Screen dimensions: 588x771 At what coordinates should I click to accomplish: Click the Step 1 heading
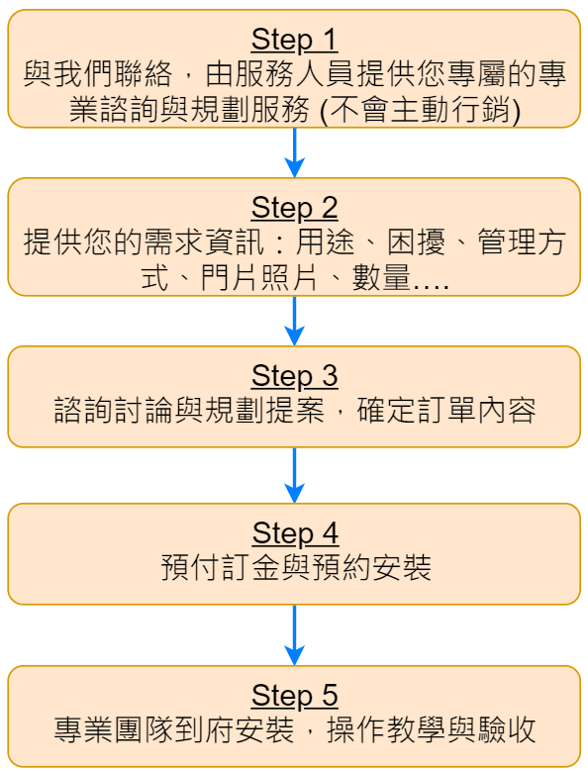click(294, 40)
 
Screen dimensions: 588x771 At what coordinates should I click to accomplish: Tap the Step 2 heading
click(294, 208)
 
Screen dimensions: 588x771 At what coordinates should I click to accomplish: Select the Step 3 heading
click(294, 376)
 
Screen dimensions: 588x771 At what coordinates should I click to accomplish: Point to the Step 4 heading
click(295, 533)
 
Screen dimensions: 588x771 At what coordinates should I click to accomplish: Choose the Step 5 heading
click(294, 696)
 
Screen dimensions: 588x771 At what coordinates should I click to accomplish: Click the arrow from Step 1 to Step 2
click(294, 152)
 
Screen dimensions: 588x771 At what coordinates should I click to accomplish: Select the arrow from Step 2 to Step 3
click(294, 321)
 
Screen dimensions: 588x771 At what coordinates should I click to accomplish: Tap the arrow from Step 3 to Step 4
click(294, 475)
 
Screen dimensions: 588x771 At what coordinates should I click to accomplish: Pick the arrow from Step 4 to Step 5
click(294, 634)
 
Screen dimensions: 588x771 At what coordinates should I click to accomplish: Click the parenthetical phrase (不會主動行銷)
click(420, 109)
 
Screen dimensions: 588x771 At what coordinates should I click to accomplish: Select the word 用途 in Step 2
click(325, 241)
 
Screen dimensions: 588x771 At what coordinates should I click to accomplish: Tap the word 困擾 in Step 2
click(416, 241)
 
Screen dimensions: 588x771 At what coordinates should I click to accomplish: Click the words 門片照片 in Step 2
click(259, 278)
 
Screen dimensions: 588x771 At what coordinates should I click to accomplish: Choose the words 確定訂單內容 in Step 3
click(445, 410)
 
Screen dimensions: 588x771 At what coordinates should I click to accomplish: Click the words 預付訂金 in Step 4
click(221, 567)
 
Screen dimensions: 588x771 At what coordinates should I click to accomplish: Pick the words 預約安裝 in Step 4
click(371, 567)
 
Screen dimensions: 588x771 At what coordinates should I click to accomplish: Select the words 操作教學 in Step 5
click(386, 729)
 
